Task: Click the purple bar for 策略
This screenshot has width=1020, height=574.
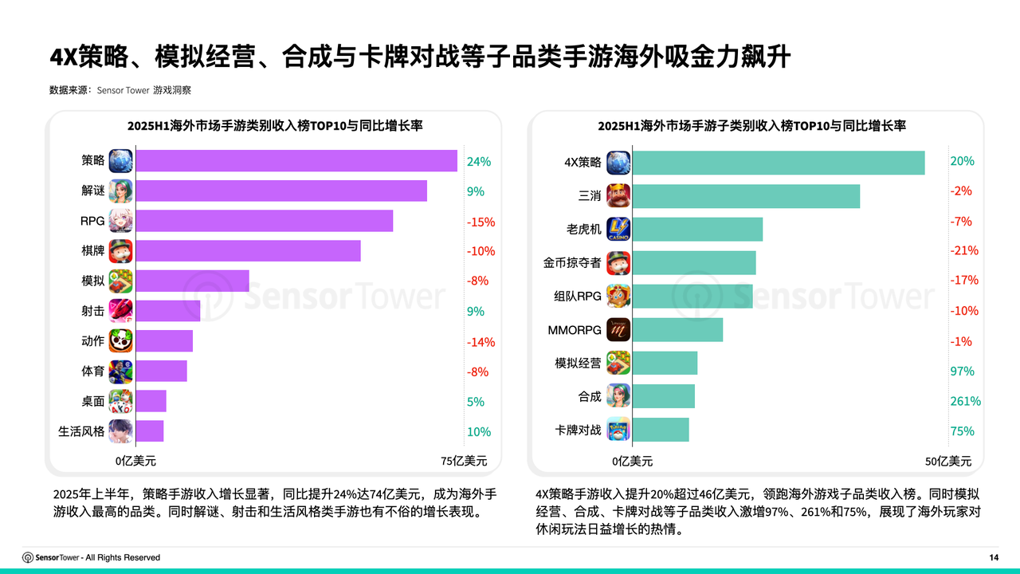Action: click(x=296, y=160)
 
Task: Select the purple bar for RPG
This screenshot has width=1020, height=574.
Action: click(x=264, y=221)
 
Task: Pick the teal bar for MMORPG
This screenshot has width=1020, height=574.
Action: click(x=677, y=330)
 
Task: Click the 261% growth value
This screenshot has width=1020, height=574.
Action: click(x=965, y=401)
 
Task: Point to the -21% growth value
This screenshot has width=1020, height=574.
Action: click(x=964, y=251)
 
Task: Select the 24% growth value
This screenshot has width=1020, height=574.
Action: click(x=479, y=161)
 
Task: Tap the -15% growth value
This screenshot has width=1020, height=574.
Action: click(x=481, y=222)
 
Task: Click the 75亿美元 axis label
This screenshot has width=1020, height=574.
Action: click(x=464, y=461)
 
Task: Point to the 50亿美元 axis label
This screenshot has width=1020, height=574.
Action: click(x=948, y=461)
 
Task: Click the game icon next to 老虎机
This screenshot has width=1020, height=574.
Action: click(x=618, y=230)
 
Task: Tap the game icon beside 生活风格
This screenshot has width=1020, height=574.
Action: click(x=121, y=431)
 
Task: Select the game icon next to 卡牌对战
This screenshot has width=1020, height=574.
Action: click(x=618, y=430)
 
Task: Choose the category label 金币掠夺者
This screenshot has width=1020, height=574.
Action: click(x=572, y=263)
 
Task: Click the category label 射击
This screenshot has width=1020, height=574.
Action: click(x=92, y=312)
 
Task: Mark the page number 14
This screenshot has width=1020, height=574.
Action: click(x=993, y=557)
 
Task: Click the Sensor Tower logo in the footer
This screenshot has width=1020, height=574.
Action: click(x=51, y=557)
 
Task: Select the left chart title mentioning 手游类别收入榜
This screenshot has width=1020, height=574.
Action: click(x=275, y=126)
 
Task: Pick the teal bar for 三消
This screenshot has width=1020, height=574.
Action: click(x=746, y=196)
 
